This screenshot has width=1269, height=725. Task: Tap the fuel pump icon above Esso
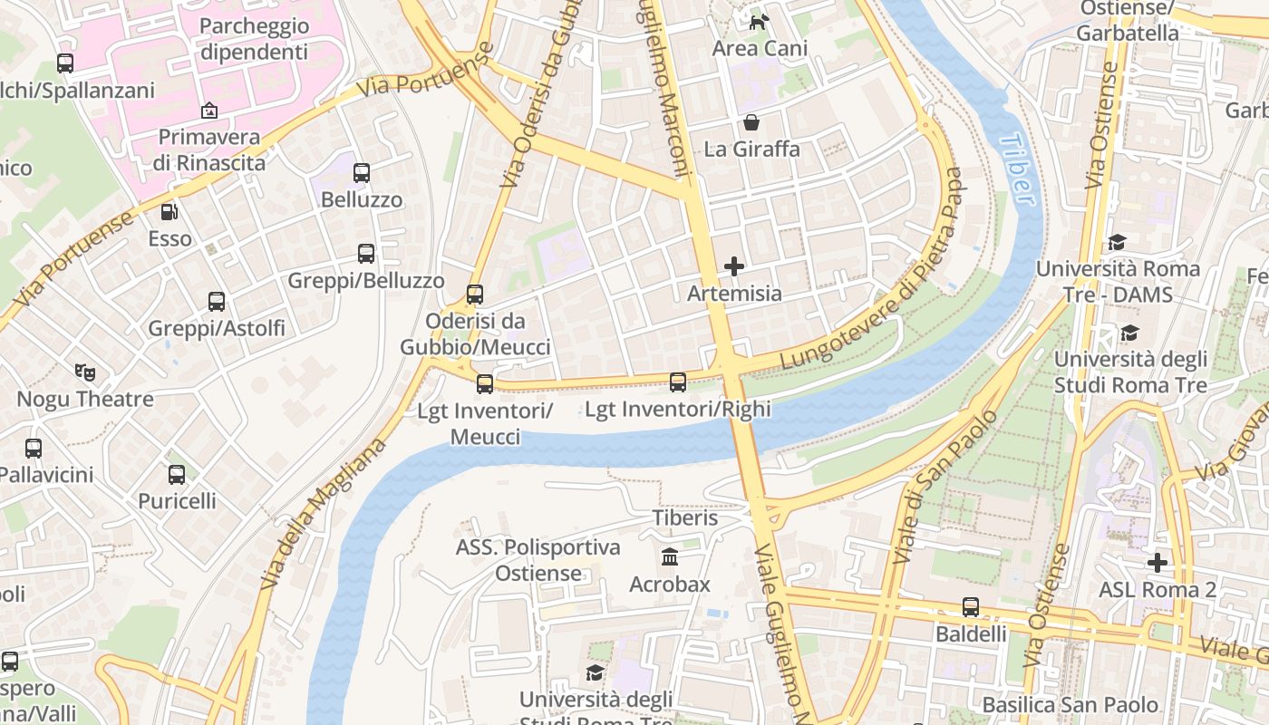(170, 212)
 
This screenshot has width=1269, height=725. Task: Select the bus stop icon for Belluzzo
(362, 172)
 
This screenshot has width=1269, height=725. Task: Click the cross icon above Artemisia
(734, 266)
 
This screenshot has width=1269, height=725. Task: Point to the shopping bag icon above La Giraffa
(751, 122)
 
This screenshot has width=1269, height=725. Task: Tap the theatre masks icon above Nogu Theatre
(85, 372)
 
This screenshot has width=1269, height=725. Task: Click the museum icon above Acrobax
(670, 556)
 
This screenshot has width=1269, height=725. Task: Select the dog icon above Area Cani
(759, 21)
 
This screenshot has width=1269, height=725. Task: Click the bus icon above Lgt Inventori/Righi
(678, 382)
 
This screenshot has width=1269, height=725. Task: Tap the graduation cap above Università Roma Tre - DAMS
(1117, 242)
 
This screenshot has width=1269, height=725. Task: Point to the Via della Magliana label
(324, 513)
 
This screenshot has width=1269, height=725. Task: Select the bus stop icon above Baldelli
(971, 607)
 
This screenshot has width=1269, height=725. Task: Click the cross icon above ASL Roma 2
(1157, 563)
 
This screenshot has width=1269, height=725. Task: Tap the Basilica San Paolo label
(1070, 704)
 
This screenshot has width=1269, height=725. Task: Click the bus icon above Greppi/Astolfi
(217, 302)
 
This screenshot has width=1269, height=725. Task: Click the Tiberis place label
(684, 517)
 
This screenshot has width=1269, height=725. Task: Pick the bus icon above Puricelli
(177, 474)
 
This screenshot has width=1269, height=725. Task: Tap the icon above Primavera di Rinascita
(209, 111)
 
